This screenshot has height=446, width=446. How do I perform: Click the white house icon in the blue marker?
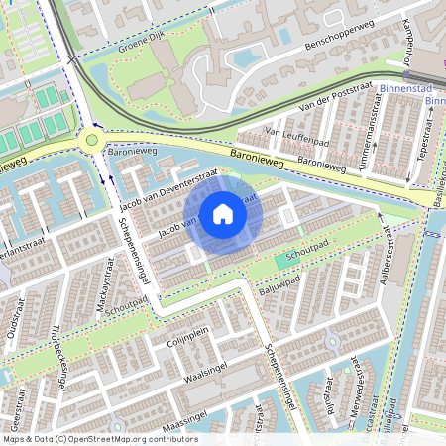[x=223, y=213]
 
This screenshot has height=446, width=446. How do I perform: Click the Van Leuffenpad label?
[x=296, y=132]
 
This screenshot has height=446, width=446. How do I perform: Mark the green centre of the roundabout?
[x=92, y=140]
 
